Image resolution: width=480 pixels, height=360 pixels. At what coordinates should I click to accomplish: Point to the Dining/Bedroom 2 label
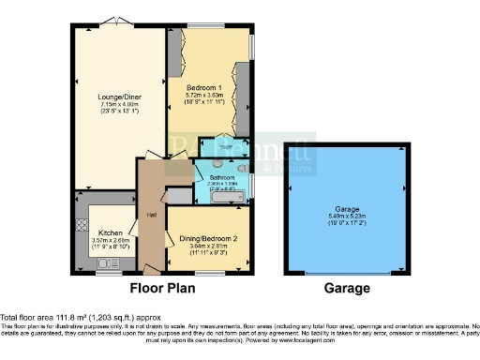208,238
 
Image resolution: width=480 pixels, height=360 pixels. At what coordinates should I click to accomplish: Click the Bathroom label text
222,176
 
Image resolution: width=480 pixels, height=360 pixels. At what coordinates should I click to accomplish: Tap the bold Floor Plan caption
159,288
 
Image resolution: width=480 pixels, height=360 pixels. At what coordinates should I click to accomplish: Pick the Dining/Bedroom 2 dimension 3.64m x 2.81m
208,246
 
